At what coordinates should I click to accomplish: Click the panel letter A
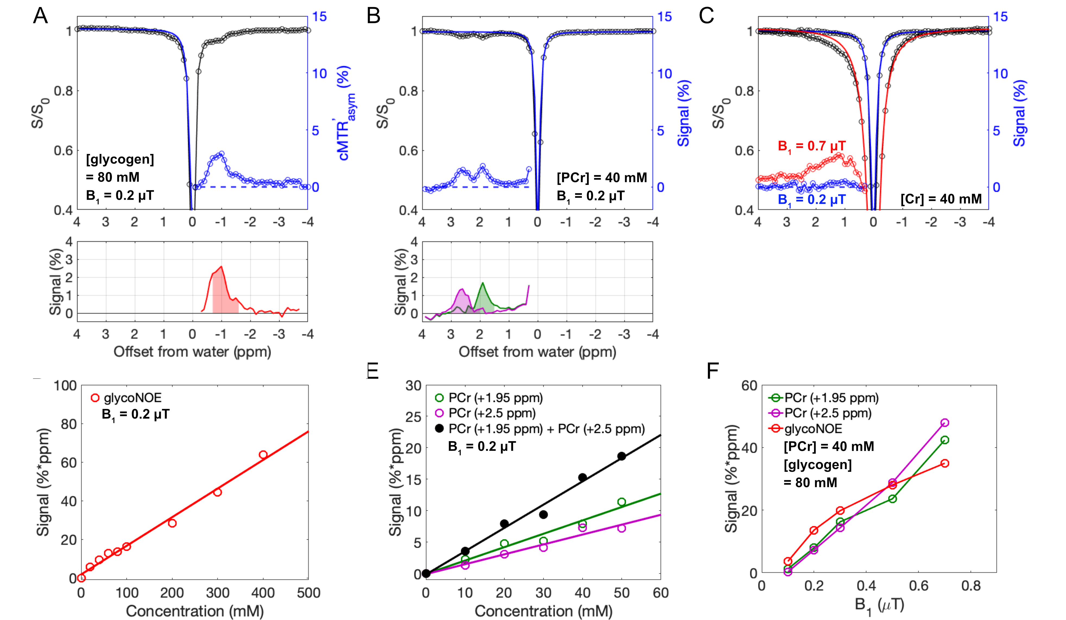pos(41,16)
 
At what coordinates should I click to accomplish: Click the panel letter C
pos(707,16)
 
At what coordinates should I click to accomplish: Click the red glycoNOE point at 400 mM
pos(263,455)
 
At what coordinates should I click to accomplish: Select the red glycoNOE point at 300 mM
pos(217,492)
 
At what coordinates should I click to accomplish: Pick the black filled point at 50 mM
pos(622,456)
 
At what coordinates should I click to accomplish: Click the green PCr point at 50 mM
pos(622,502)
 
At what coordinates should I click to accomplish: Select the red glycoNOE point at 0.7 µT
pos(945,464)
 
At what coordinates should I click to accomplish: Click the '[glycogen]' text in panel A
pos(120,159)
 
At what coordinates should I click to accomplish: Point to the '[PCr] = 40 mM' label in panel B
pos(601,178)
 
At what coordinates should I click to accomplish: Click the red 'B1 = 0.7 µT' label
pos(811,146)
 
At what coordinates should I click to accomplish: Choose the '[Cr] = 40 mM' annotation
pos(941,199)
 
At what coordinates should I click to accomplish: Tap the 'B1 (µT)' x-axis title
pos(879,605)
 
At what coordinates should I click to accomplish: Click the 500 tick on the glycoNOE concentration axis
pos(308,593)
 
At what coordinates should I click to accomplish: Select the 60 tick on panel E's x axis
pos(660,593)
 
